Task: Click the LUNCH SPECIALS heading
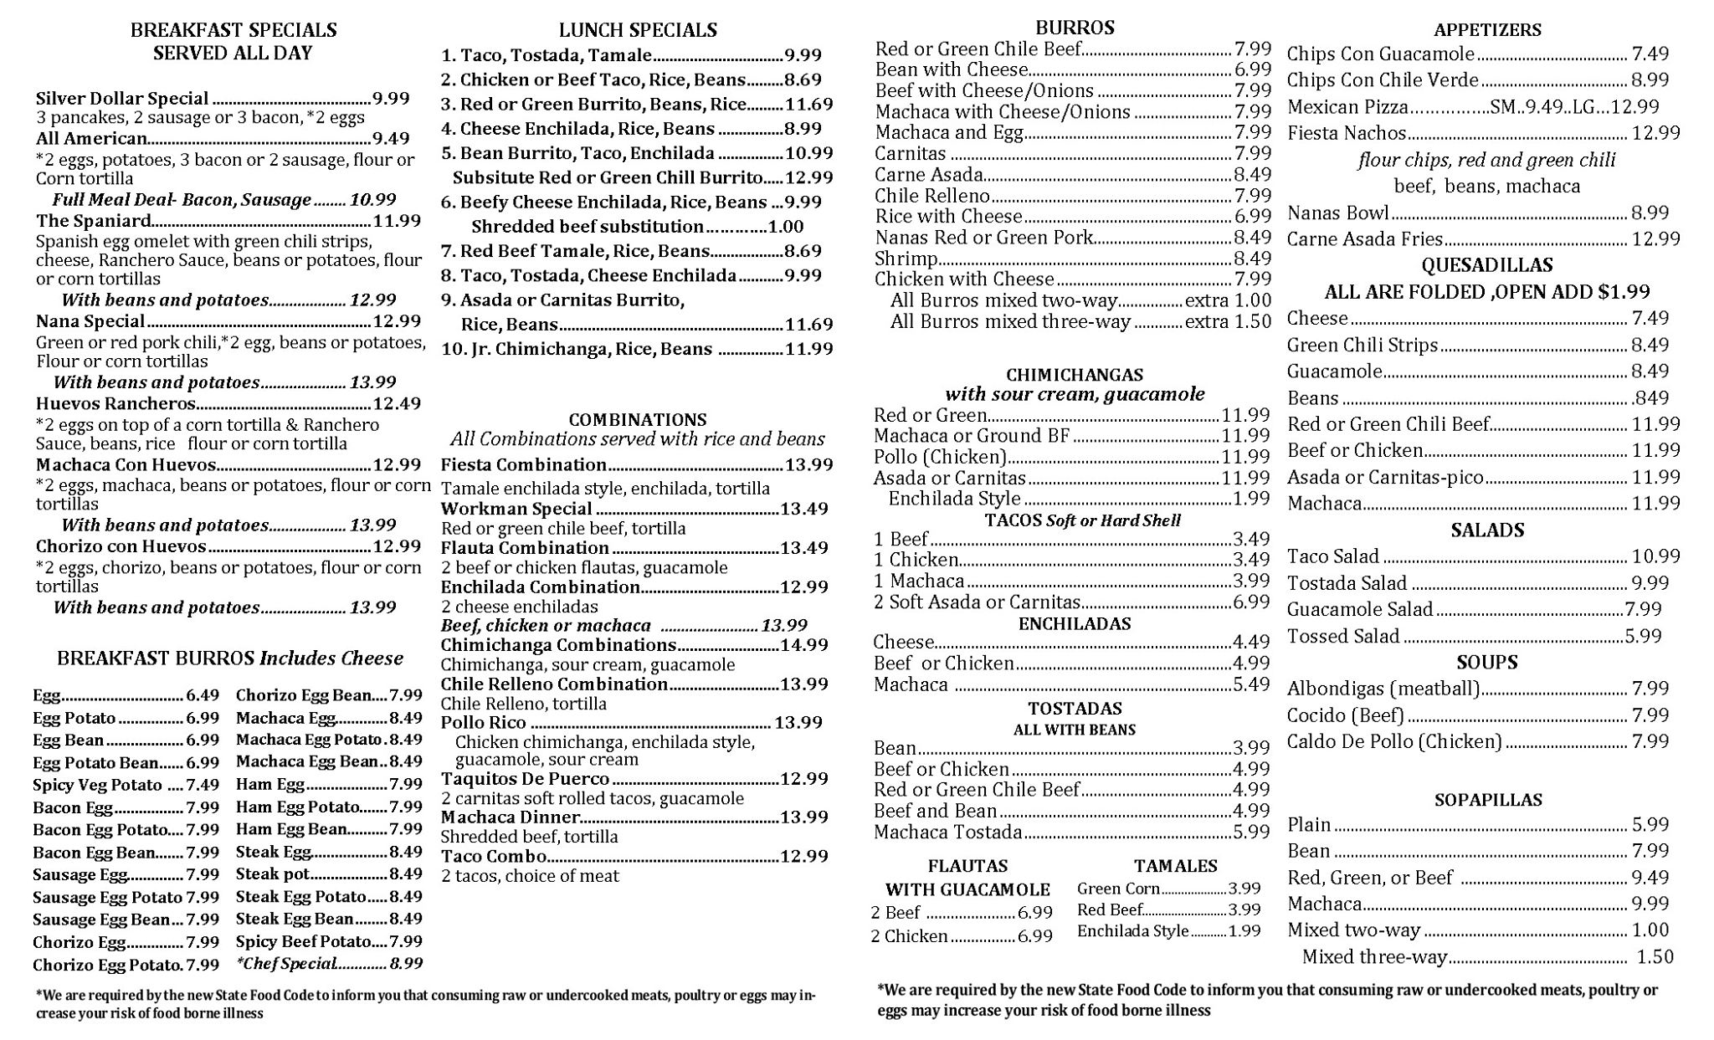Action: pos(638,30)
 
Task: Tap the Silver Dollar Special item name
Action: pos(122,99)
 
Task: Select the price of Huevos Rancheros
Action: pos(397,404)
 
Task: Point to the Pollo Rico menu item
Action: pos(484,723)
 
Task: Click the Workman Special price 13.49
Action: pos(804,509)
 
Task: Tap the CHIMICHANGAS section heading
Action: pos(1075,375)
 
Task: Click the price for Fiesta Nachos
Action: pos(1655,133)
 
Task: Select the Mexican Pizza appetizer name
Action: pos(1347,107)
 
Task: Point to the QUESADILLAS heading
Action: pos(1486,265)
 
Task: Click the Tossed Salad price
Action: pos(1643,636)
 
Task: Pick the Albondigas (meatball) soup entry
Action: pos(1383,689)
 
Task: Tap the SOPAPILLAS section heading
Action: pos(1487,800)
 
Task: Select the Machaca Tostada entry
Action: pos(948,833)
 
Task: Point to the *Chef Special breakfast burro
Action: pos(286,964)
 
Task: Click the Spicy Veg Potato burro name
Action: pos(97,785)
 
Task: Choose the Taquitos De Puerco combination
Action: pos(525,779)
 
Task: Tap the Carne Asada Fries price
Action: pos(1655,239)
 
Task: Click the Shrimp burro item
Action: pos(906,259)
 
